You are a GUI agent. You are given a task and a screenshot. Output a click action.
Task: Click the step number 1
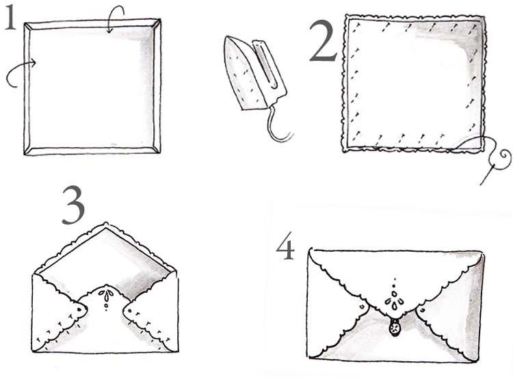click(10, 18)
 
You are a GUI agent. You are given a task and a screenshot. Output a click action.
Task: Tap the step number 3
click(73, 205)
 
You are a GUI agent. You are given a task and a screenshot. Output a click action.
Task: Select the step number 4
click(286, 246)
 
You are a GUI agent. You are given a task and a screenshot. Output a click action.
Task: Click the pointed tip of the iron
click(227, 37)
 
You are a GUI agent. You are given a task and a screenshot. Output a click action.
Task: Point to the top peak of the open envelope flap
click(105, 223)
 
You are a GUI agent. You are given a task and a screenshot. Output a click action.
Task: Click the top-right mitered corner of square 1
click(157, 23)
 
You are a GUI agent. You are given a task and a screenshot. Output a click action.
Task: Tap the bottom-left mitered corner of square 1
click(29, 150)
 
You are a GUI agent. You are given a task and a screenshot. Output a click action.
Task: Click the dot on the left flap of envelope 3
click(79, 309)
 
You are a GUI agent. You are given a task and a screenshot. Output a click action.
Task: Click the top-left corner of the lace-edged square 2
click(347, 17)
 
